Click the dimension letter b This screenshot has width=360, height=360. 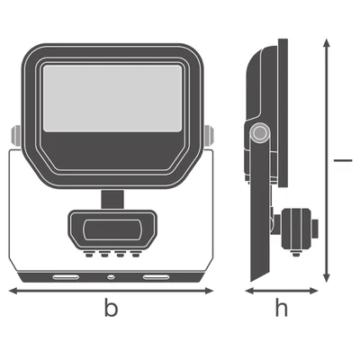[x=111, y=307]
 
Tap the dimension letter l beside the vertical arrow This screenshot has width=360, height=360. [x=343, y=160]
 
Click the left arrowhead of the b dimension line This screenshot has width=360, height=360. [x=13, y=291]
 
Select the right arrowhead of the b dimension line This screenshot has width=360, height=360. [x=209, y=291]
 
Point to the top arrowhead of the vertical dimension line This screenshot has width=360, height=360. [x=327, y=43]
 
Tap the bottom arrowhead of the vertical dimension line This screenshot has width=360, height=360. [x=327, y=278]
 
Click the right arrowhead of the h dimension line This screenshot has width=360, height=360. [x=314, y=291]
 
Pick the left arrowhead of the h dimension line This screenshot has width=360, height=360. [x=249, y=291]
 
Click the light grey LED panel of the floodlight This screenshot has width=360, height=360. [x=112, y=98]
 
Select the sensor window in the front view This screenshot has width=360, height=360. [x=112, y=230]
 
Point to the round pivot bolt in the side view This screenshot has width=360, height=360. [x=259, y=132]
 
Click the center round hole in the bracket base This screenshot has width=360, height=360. [x=112, y=277]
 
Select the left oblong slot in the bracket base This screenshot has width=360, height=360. [x=66, y=277]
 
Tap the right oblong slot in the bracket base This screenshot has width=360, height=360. [x=156, y=277]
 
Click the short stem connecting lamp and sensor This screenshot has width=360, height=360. [x=112, y=199]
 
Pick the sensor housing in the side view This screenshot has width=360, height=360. [x=296, y=229]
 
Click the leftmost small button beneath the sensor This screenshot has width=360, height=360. [x=88, y=255]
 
